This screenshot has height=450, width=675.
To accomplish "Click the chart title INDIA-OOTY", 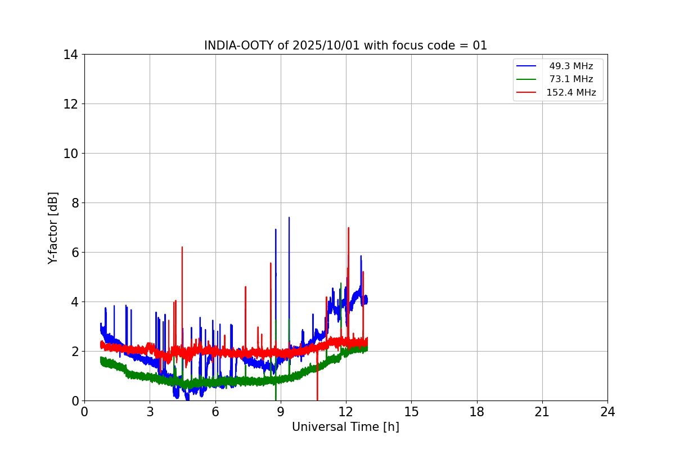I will [x=345, y=46].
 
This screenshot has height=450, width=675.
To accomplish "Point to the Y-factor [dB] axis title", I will [x=53, y=227].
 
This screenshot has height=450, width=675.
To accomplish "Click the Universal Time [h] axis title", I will [x=345, y=427].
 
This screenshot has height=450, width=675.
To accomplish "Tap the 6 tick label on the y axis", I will [x=73, y=252].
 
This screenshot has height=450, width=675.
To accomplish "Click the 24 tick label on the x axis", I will [x=607, y=412].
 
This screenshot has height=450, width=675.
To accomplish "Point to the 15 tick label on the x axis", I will [x=411, y=412].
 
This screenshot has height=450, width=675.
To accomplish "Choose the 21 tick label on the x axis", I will [x=542, y=412].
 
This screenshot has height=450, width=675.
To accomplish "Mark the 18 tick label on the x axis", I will [x=477, y=412].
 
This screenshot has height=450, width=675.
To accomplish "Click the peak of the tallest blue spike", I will [x=289, y=218].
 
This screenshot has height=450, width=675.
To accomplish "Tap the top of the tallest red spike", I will [x=349, y=228].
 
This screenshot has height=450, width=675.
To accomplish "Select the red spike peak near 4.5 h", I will [x=182, y=247].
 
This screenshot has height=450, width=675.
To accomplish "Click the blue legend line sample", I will [x=526, y=66].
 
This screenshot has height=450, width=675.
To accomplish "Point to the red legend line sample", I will [x=526, y=92].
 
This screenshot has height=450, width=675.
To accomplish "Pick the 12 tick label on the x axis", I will [x=346, y=412].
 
